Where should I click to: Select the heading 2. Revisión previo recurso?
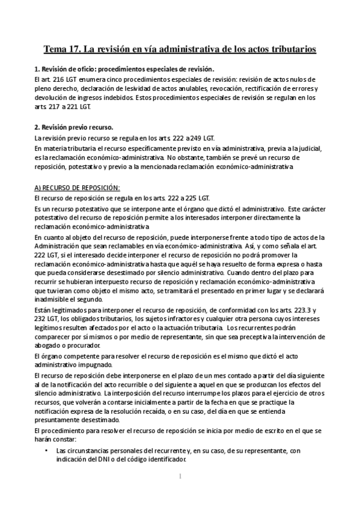coord(74,127)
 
